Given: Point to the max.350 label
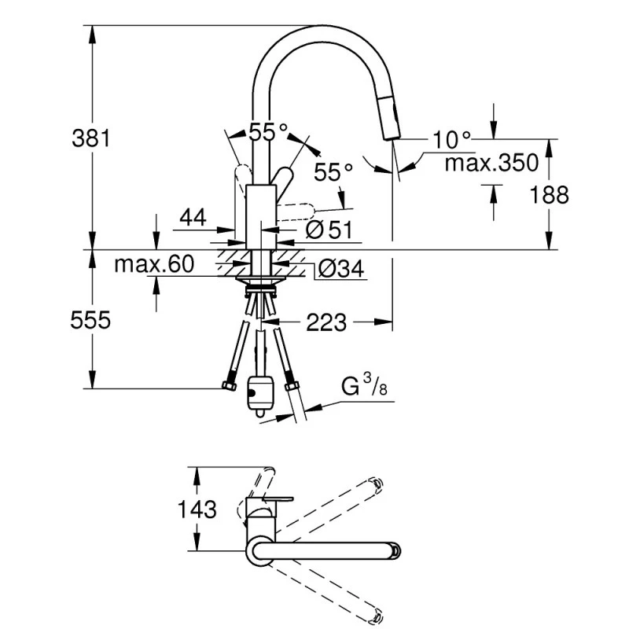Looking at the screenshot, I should [491, 164].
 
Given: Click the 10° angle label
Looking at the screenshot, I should [451, 140].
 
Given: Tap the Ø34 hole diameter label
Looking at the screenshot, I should [340, 270].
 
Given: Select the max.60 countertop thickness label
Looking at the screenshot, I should [154, 265].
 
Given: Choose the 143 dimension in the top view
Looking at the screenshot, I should [194, 509].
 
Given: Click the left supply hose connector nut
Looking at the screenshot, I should [230, 386].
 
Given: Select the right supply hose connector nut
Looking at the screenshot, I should [292, 385].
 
